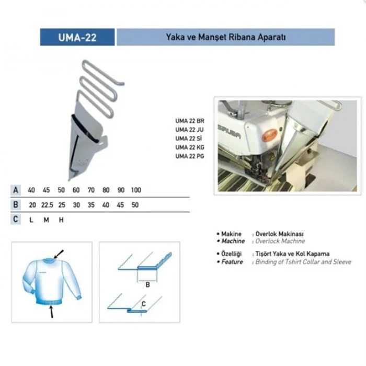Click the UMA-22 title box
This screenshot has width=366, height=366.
[x=77, y=38]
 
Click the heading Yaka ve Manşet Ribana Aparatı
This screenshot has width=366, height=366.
[x=225, y=38]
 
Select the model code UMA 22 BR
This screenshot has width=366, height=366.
[x=190, y=121]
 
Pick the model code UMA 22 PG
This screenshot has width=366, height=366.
[x=190, y=156]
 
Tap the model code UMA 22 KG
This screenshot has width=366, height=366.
[x=190, y=147]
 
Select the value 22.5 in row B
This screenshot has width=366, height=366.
[x=48, y=205]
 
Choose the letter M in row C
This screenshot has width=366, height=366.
[x=46, y=220]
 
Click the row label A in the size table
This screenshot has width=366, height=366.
[x=16, y=190]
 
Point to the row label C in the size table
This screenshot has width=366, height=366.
[x=16, y=220]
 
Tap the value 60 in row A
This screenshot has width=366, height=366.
[x=76, y=190]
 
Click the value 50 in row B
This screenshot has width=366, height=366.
[x=135, y=205]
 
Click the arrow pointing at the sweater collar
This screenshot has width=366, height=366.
[x=59, y=254]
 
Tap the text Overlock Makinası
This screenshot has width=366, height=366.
[x=279, y=234]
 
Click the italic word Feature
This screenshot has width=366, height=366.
[x=232, y=261]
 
